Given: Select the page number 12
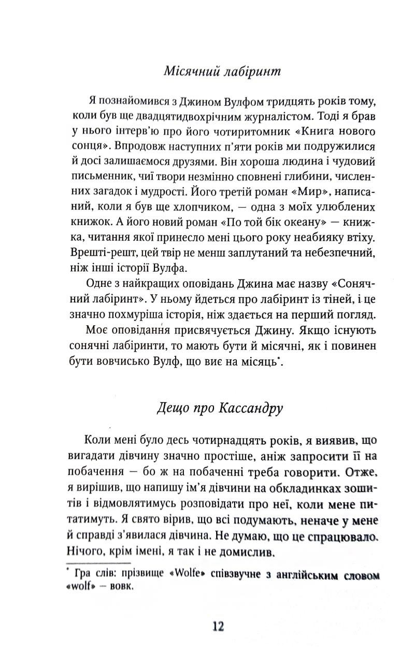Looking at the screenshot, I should tap(217, 627).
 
